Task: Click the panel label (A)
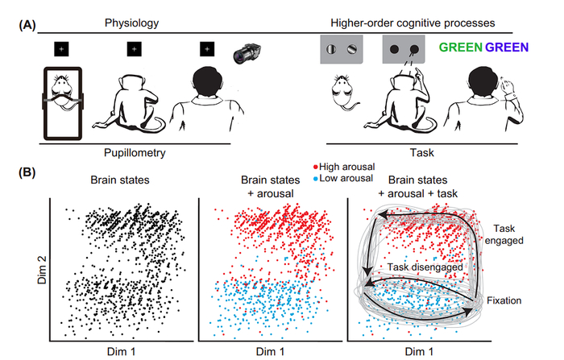click(x=28, y=26)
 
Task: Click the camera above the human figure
click(x=246, y=54)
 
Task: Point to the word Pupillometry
click(x=136, y=151)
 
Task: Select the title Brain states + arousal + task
click(x=418, y=187)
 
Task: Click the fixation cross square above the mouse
click(x=60, y=50)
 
